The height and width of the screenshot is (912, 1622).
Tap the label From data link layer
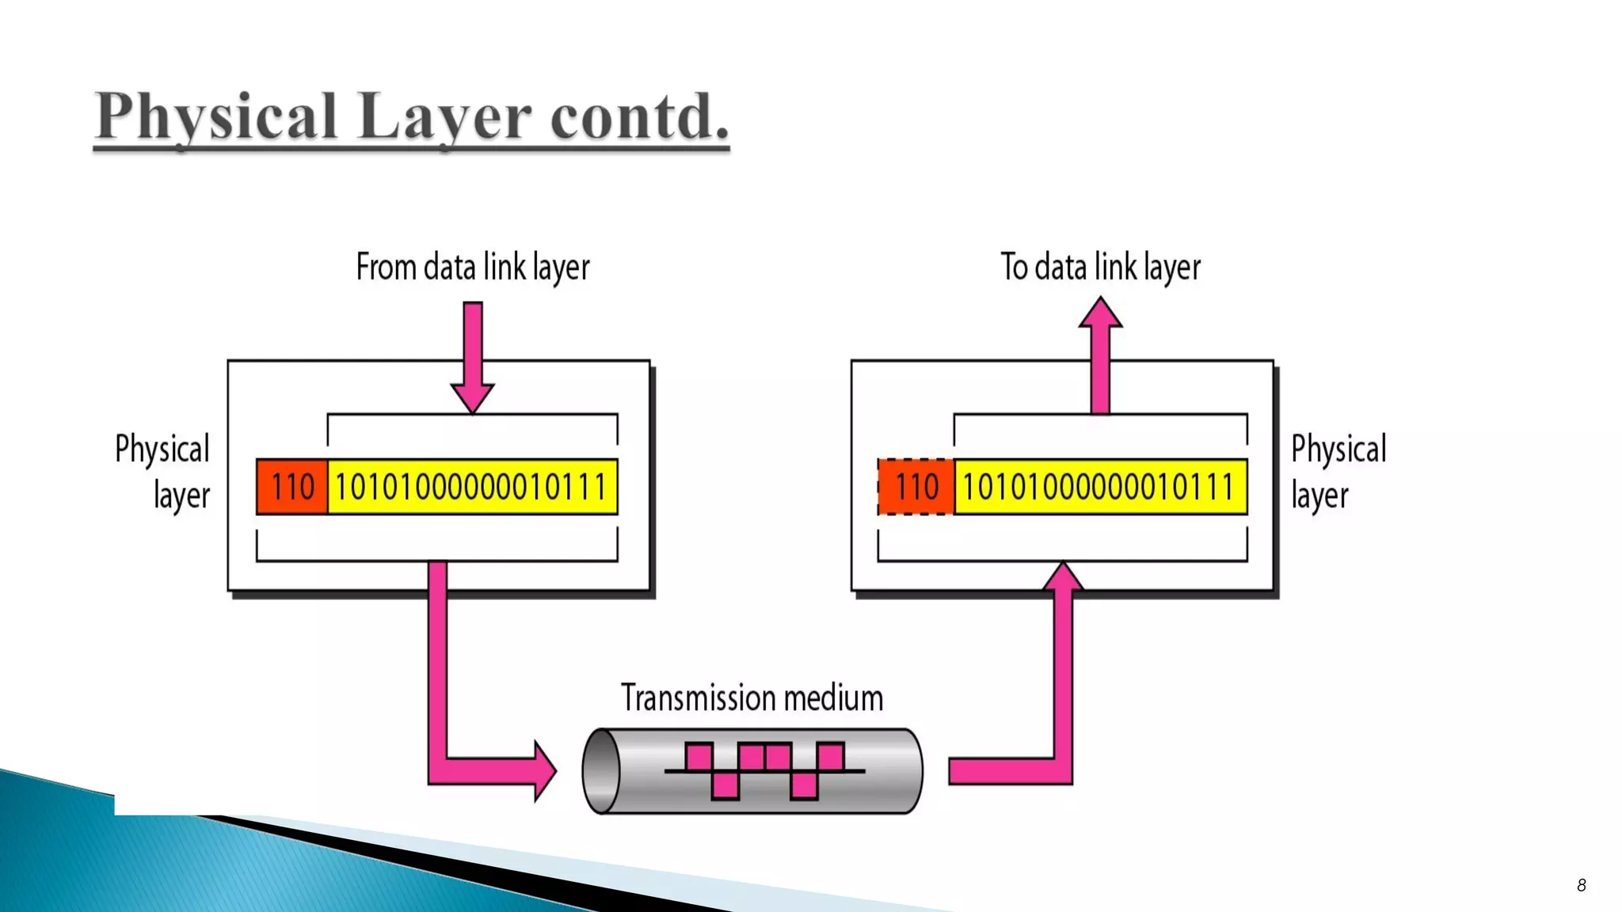coord(473,268)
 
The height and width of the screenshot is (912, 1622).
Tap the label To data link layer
coord(1100,268)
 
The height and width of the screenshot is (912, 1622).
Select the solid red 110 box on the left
coord(291,487)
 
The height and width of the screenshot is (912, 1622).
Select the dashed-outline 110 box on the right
coord(916,487)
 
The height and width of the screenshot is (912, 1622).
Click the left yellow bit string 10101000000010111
coord(472,487)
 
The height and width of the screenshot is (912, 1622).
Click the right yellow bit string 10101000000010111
coord(1100,487)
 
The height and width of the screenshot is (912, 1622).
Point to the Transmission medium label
coord(752,698)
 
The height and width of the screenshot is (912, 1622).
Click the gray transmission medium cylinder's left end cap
coord(601,771)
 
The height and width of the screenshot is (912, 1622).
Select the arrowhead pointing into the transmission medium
coord(545,771)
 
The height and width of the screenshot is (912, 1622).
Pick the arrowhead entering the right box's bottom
coord(1063,576)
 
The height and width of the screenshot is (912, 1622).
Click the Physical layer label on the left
coord(163,472)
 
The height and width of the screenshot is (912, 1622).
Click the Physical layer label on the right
coord(1338,472)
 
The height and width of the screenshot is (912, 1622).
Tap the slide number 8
coord(1581,885)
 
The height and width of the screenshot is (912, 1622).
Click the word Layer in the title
coord(444,117)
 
